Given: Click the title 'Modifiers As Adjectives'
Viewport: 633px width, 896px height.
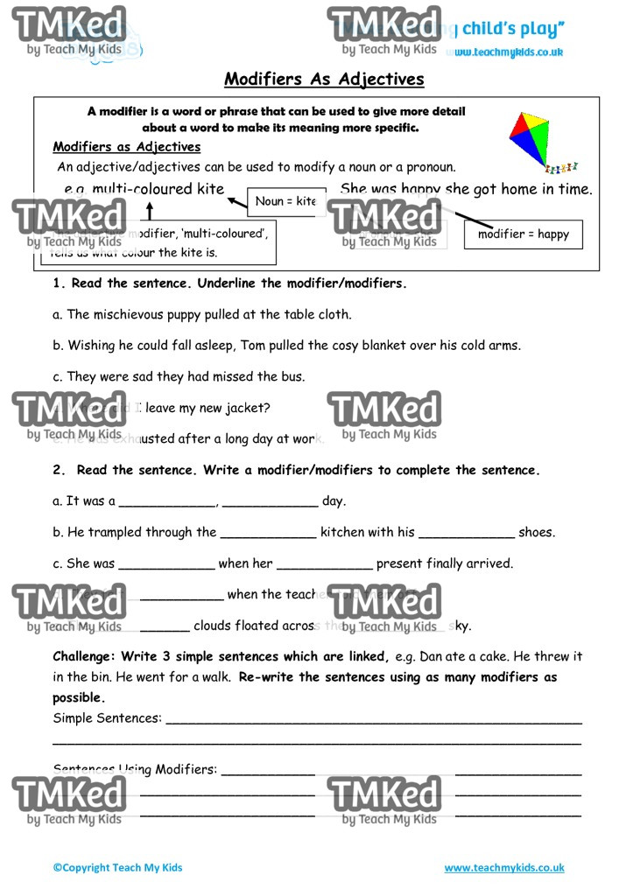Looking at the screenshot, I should (324, 79).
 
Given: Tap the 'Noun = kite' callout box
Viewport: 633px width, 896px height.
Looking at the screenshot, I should (285, 201).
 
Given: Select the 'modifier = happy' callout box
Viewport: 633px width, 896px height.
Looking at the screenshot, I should (523, 234).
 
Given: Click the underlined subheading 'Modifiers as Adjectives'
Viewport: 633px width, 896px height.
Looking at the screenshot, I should (127, 147).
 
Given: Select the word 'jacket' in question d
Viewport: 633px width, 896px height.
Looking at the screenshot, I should (249, 408).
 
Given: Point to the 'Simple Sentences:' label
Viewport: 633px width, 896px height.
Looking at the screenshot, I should (108, 717).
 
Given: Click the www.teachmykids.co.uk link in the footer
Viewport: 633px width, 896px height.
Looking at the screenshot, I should (503, 868).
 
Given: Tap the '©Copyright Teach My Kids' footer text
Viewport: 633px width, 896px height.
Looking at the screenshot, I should (118, 868).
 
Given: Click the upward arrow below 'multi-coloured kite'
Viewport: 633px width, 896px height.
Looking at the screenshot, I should (150, 211).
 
